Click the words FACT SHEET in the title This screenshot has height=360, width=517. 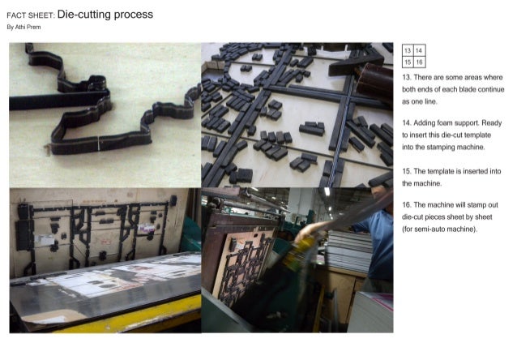[x=30, y=15]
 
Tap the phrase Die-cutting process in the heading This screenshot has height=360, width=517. [x=105, y=15]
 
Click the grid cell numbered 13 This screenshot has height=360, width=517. [x=408, y=51]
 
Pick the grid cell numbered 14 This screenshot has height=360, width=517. [x=419, y=51]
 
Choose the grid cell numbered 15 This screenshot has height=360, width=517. [x=408, y=62]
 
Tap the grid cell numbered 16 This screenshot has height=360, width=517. [x=419, y=62]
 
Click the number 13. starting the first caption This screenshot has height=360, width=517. [x=407, y=76]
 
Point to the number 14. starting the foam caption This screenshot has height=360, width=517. [x=407, y=122]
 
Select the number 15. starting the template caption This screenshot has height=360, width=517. [x=407, y=171]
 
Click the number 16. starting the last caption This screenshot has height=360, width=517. [x=407, y=204]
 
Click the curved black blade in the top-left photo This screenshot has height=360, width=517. [x=81, y=122]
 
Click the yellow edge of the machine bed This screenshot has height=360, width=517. [x=122, y=319]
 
